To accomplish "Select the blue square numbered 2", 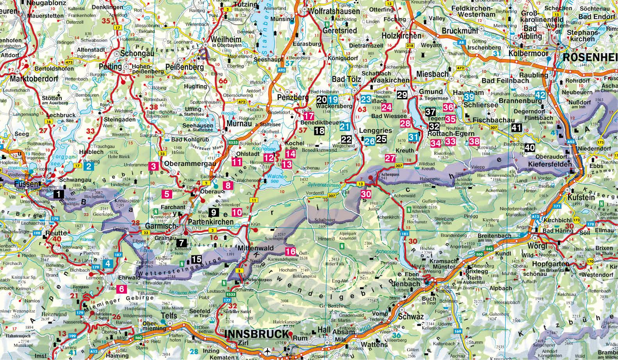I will click(89, 166).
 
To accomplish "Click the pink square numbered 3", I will click(153, 166).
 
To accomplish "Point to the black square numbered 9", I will click(214, 212).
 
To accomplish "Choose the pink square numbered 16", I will click(290, 251).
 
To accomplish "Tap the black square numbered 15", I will click(196, 258).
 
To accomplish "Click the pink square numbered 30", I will click(366, 194).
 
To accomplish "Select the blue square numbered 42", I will click(540, 95).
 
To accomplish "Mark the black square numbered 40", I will click(530, 148).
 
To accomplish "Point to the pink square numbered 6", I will click(122, 289).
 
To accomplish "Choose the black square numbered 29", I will click(402, 94).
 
